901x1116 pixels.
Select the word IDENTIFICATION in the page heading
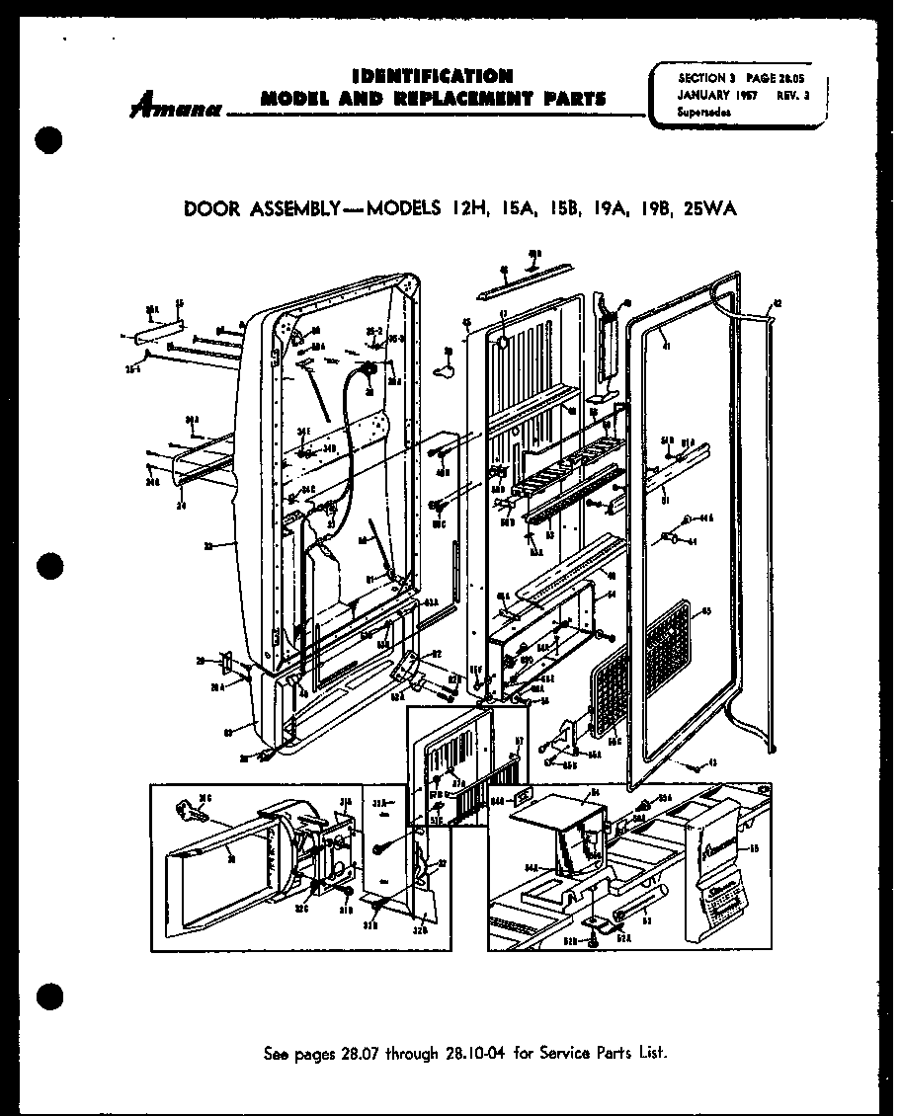[x=433, y=76]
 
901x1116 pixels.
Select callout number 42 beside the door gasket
[x=776, y=304]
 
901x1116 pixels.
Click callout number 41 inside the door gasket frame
[x=666, y=346]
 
